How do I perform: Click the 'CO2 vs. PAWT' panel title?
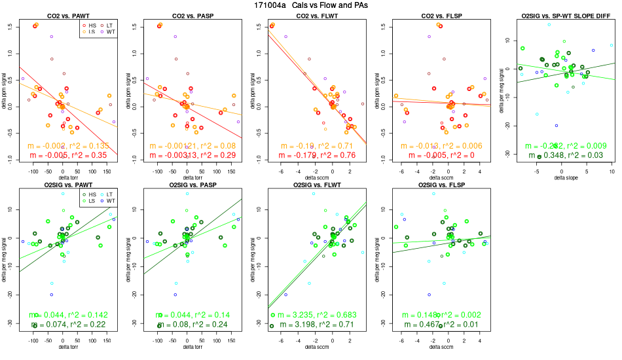pyautogui.click(x=69, y=15)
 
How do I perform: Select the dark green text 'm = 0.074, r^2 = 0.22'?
pyautogui.click(x=69, y=325)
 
